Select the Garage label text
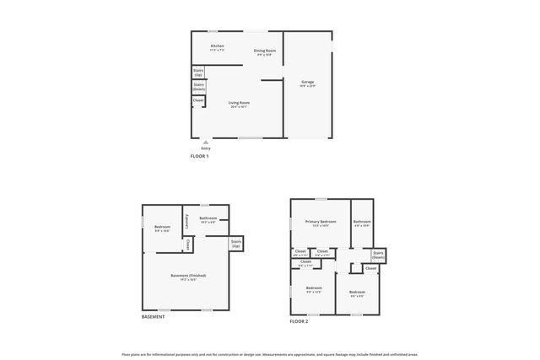pos(307,82)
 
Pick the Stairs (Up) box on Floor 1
pos(198,73)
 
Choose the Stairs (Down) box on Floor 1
pos(199,86)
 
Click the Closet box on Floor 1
pos(198,100)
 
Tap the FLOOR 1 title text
pos(199,157)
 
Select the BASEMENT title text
pos(154,316)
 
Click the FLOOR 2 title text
pos(299,321)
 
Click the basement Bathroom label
pos(208,219)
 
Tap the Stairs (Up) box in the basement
pos(235,244)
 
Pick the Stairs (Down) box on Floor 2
pos(378,255)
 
